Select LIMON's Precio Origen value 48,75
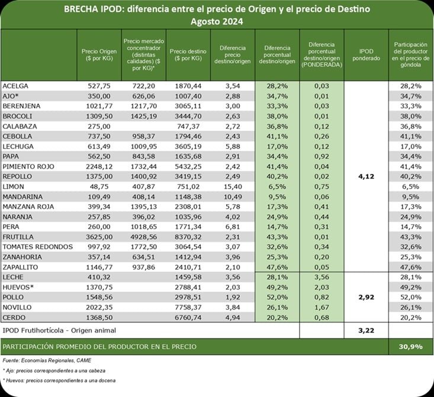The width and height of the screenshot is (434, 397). (98, 186)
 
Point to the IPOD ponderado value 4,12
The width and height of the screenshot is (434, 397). (366, 176)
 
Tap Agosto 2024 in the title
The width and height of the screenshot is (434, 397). (217, 21)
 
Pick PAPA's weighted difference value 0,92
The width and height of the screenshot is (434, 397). (322, 156)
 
